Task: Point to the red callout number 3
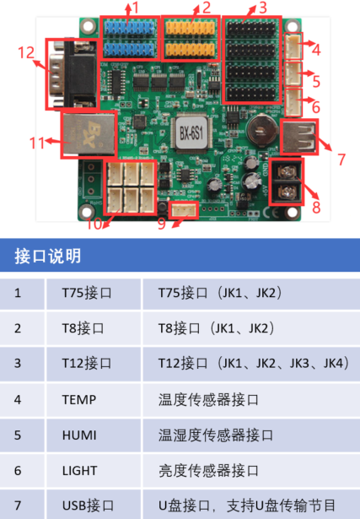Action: click(262, 8)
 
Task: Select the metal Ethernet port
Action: click(83, 134)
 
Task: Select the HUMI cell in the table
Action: click(79, 435)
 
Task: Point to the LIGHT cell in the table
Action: click(79, 471)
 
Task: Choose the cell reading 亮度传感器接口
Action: click(209, 471)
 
